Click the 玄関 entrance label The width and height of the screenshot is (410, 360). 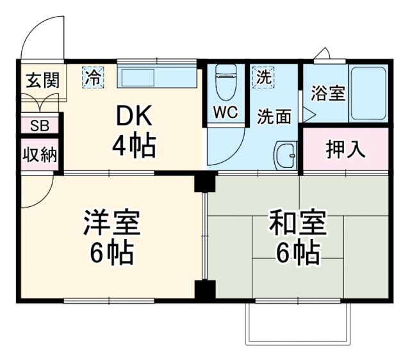42,80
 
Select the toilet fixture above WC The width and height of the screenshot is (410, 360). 225,81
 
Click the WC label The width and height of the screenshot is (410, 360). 225,113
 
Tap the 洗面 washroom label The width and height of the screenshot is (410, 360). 275,117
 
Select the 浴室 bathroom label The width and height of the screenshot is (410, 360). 328,94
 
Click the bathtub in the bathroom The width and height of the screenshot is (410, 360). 368,94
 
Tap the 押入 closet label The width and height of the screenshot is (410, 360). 345,150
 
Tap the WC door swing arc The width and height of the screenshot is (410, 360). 227,147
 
